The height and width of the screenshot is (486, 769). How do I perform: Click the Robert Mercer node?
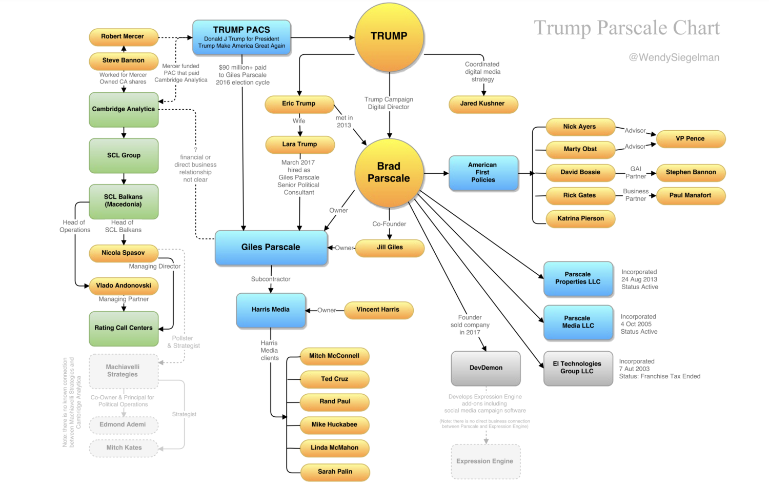123,37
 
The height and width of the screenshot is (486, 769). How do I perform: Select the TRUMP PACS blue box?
241,37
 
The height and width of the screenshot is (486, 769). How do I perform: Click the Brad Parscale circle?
389,173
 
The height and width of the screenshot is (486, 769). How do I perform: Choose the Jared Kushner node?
482,104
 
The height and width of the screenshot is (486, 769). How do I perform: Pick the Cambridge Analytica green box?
124,109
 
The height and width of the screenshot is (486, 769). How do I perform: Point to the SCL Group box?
124,155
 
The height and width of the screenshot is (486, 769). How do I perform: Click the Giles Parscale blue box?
271,248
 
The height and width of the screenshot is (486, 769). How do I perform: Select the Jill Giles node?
390,248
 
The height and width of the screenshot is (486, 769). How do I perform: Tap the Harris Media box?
271,310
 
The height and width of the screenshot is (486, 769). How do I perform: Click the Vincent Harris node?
378,310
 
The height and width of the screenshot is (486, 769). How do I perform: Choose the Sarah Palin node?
335,472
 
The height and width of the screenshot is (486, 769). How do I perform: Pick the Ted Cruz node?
335,379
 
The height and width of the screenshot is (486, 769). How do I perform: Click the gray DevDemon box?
485,368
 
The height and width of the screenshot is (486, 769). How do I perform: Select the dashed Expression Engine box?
485,461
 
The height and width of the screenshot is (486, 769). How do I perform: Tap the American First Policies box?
483,173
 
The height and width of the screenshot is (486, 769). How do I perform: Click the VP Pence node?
690,139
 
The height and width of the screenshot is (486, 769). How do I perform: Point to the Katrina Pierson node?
580,218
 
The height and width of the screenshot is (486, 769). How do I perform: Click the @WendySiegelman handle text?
674,57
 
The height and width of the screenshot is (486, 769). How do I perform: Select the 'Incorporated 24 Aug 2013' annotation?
639,279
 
